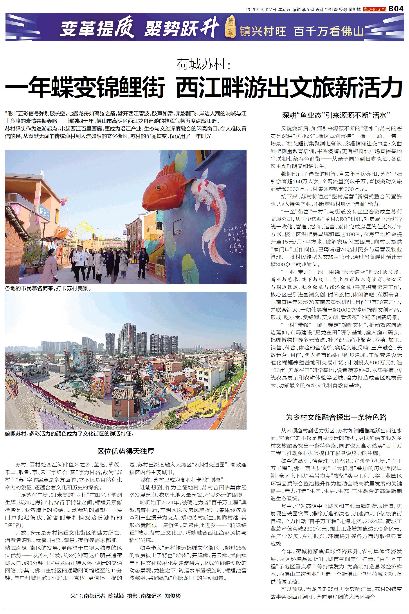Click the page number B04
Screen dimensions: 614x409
(x=396, y=9)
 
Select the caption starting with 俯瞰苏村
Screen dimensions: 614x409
(x=70, y=434)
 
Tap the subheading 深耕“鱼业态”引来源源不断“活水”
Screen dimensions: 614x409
(x=336, y=115)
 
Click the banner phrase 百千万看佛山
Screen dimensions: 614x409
(x=329, y=31)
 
